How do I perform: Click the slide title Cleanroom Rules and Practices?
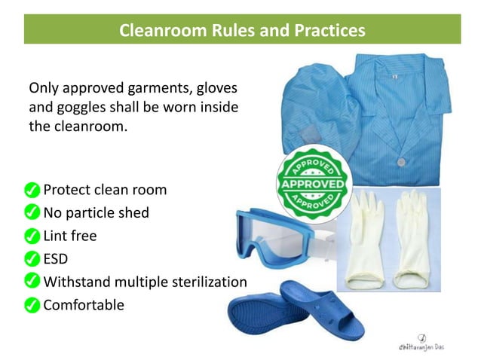pyautogui.click(x=242, y=31)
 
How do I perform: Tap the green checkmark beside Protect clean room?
pyautogui.click(x=32, y=189)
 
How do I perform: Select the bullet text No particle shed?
pyautogui.click(x=96, y=212)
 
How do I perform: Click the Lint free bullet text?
pyautogui.click(x=70, y=236)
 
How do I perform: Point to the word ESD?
pyautogui.click(x=56, y=259)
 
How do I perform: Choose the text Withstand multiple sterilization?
pyautogui.click(x=145, y=282)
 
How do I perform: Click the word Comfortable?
pyautogui.click(x=84, y=305)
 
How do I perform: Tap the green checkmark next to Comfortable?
pyautogui.click(x=32, y=306)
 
